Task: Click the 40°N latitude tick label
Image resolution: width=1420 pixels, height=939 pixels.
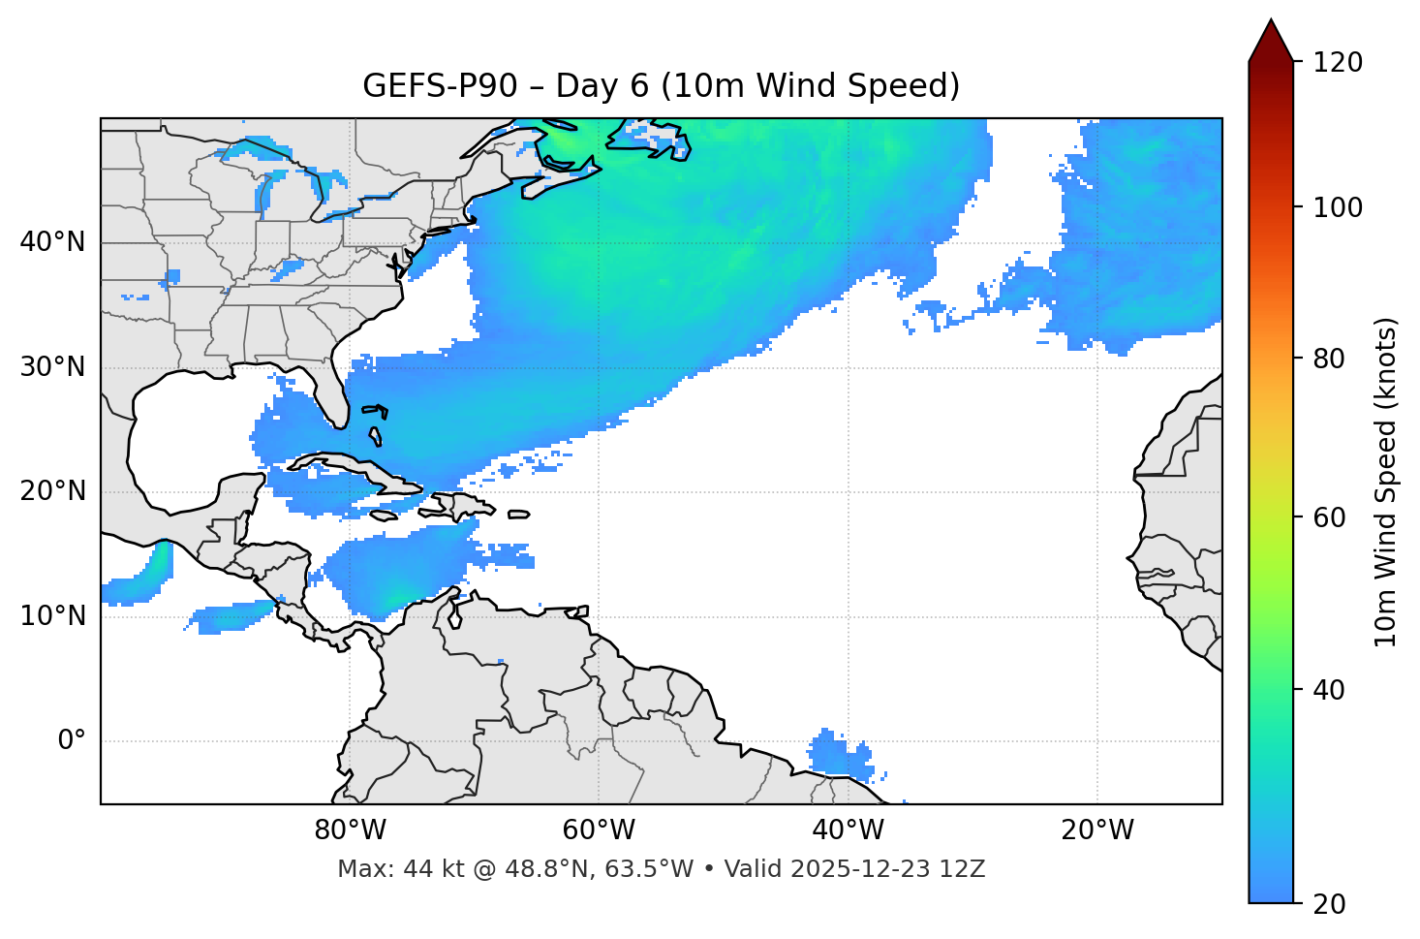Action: click(52, 242)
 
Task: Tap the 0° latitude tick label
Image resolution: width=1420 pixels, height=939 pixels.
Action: click(71, 741)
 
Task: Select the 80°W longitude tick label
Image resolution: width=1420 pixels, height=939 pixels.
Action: click(350, 830)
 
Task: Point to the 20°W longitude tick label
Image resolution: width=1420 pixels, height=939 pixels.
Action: click(1097, 830)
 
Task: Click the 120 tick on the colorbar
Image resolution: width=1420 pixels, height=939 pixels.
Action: click(1338, 62)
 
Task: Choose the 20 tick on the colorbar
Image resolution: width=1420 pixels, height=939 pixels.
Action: click(1328, 904)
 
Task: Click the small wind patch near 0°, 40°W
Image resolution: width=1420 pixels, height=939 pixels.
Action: click(839, 754)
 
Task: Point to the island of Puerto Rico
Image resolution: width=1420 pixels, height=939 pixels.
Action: click(518, 515)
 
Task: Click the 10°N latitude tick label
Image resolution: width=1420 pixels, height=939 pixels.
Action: click(52, 616)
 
